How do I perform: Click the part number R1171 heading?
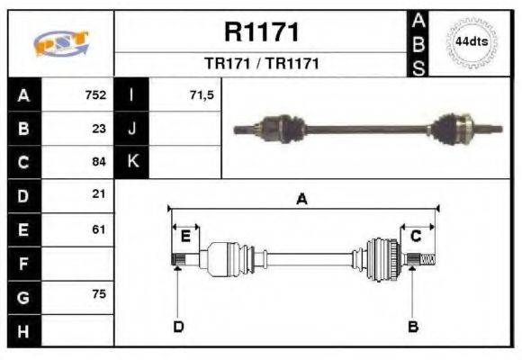[261, 33]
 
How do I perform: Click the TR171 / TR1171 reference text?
[261, 64]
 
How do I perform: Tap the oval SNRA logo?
[60, 42]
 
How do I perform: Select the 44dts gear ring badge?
[471, 42]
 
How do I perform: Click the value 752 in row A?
[95, 94]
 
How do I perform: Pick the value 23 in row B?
[99, 128]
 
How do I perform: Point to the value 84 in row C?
[99, 162]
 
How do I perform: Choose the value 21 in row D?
[99, 194]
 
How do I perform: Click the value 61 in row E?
[99, 229]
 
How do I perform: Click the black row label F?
[23, 264]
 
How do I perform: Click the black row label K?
[132, 162]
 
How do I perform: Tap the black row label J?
[132, 128]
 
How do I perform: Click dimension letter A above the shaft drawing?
[301, 200]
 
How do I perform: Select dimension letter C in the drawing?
[416, 236]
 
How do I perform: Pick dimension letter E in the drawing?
[185, 236]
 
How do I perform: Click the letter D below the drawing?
[178, 326]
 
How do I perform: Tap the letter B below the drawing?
[413, 326]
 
